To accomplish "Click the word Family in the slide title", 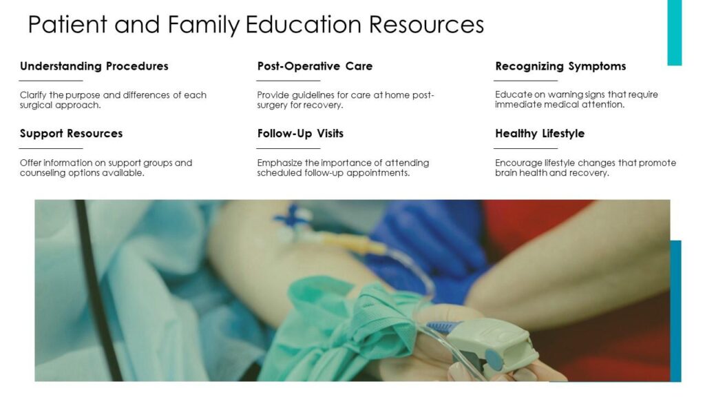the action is (x=204, y=25).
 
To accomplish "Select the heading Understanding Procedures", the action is (x=94, y=67).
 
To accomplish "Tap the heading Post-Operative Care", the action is (x=315, y=66).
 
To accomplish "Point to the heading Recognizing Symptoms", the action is (x=560, y=67).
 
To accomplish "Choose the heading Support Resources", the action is (x=71, y=134).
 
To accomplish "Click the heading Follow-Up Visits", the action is (x=300, y=134).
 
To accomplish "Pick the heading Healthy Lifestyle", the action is (x=540, y=134).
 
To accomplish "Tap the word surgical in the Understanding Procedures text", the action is (x=36, y=105).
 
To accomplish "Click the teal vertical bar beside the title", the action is (x=675, y=32).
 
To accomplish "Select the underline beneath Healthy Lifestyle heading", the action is (x=525, y=148).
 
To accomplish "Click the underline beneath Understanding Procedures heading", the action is (x=51, y=81).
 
